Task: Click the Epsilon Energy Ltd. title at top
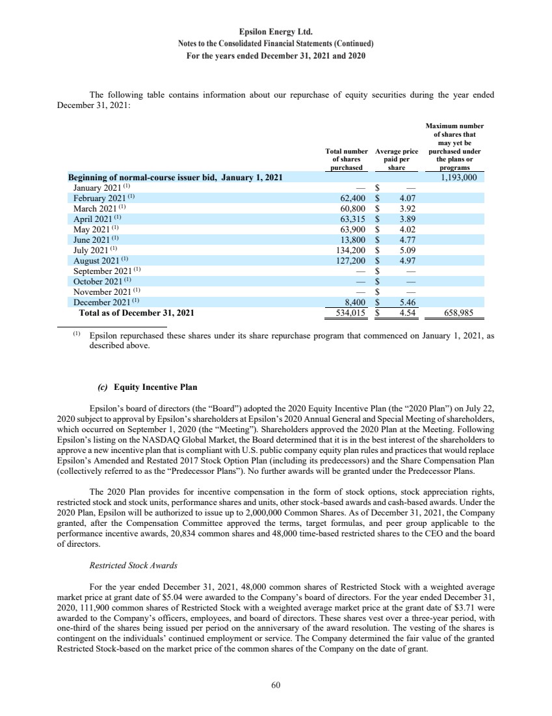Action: click(x=276, y=31)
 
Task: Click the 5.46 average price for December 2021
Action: click(x=407, y=303)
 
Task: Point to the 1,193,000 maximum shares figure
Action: click(x=459, y=176)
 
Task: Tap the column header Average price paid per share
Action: click(x=397, y=159)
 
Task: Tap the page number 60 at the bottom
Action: click(x=276, y=684)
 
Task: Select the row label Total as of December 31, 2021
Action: click(x=136, y=312)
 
